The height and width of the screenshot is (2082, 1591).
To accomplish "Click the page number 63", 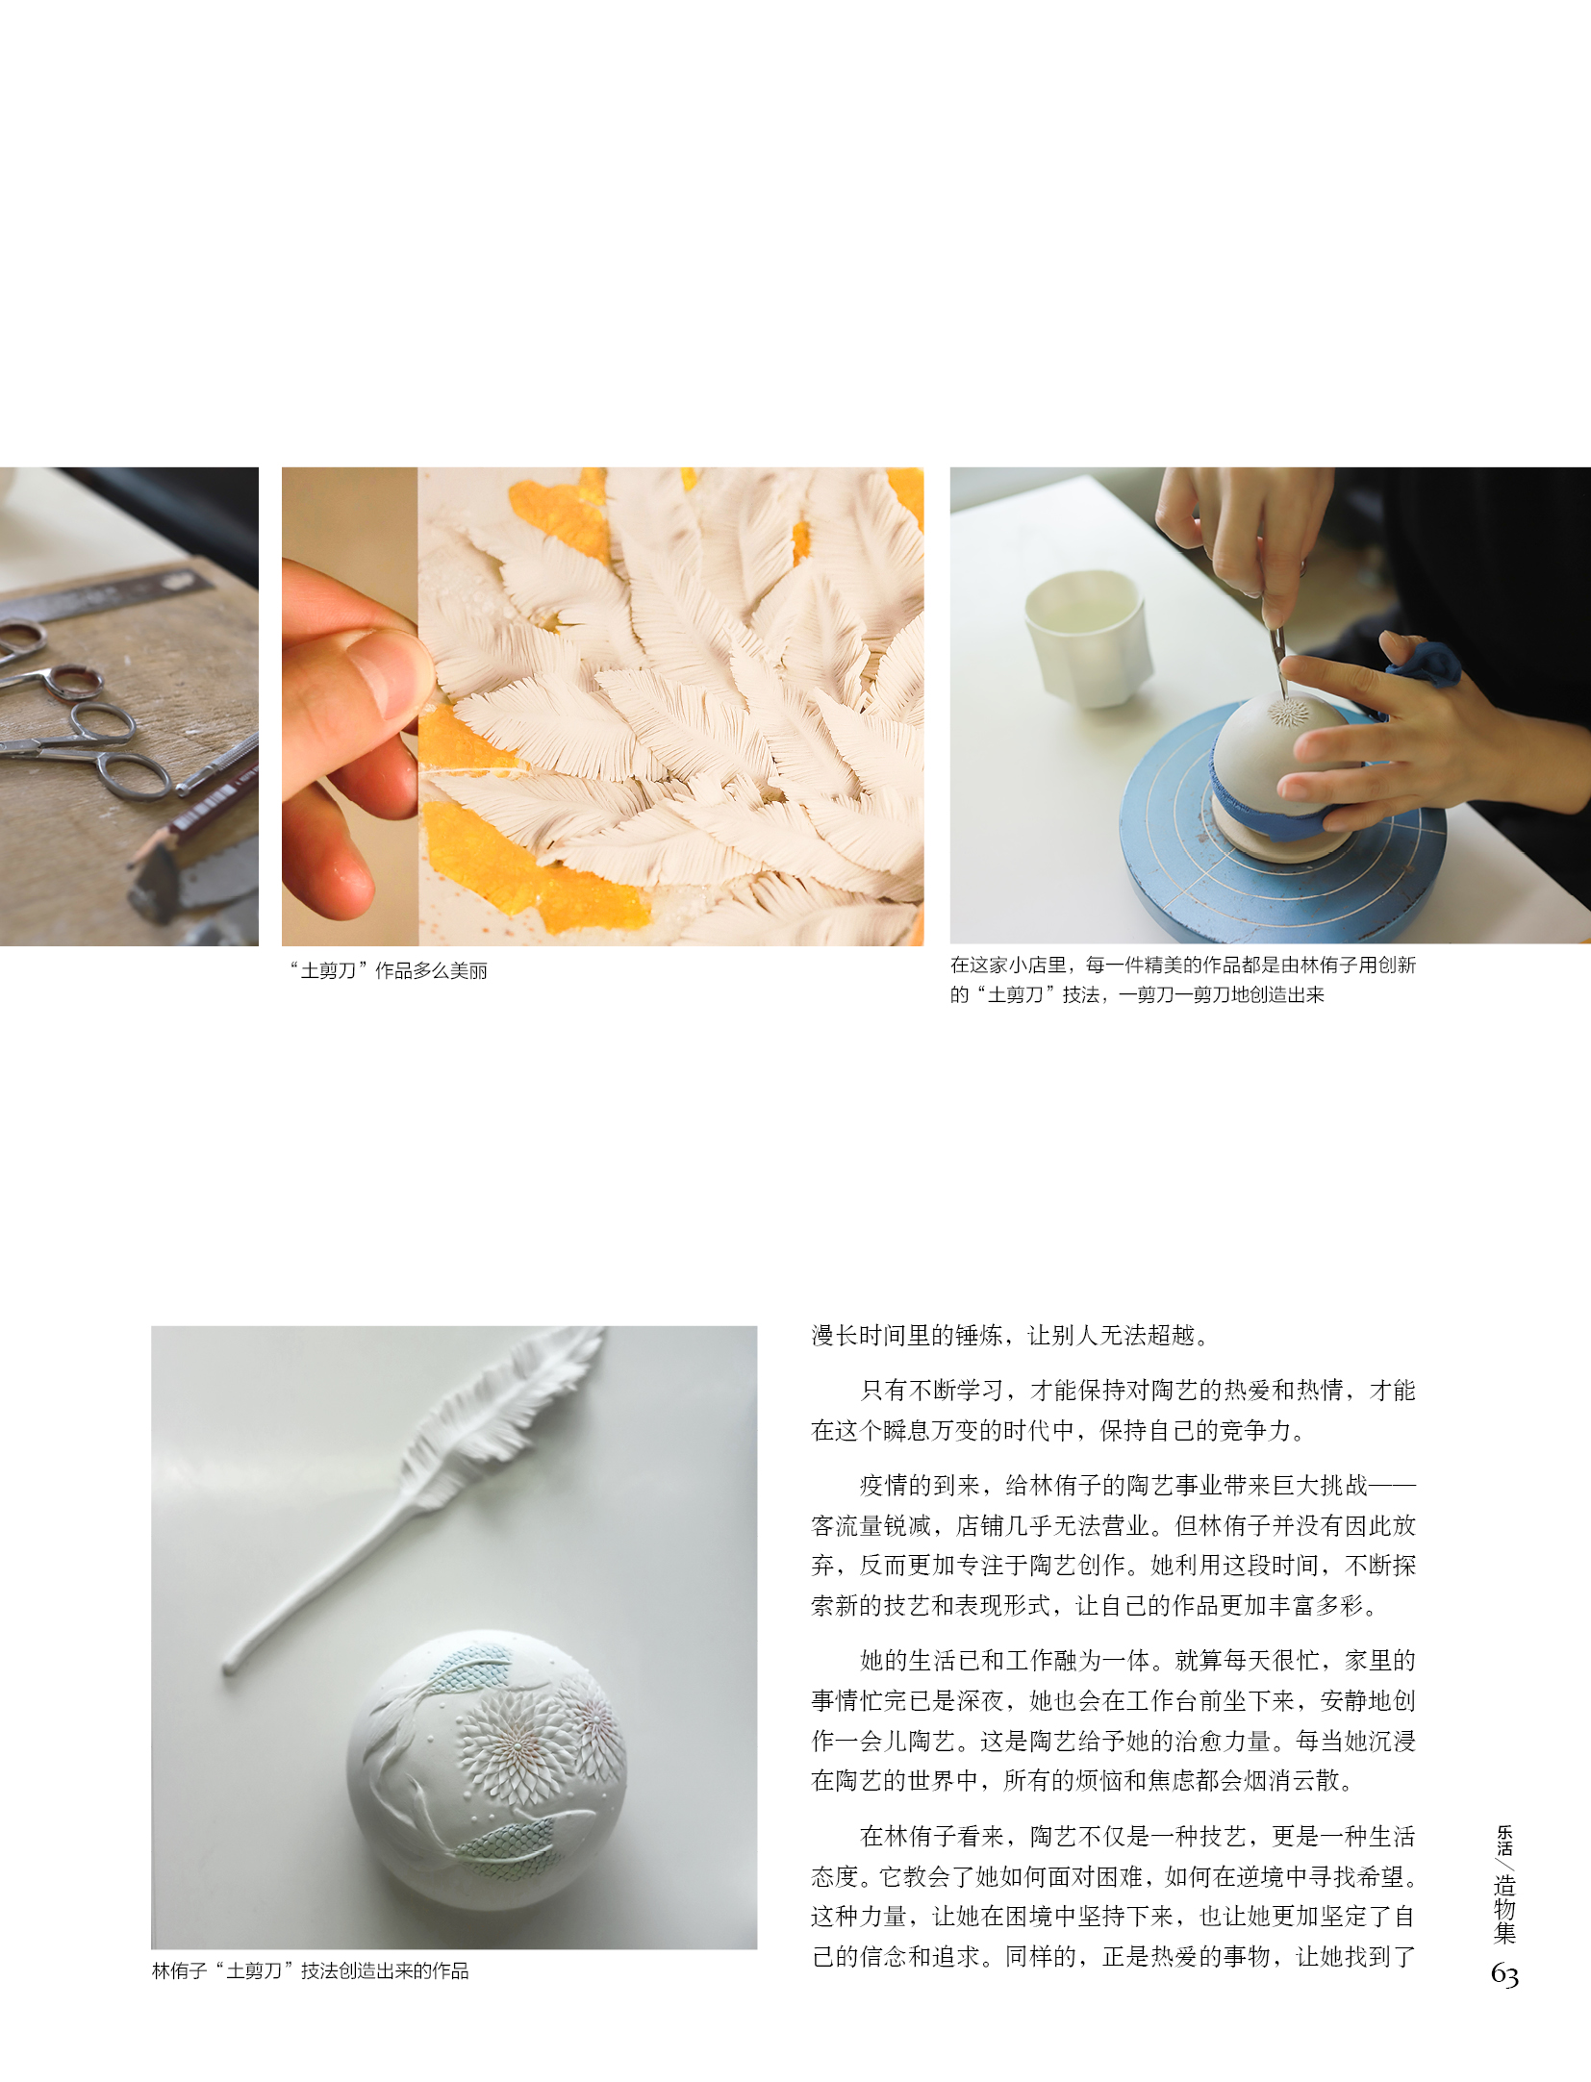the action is click(x=1504, y=1975).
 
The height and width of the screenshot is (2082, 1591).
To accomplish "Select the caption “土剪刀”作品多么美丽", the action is click(x=389, y=971).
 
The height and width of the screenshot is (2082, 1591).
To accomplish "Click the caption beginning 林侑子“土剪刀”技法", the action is click(x=311, y=1971).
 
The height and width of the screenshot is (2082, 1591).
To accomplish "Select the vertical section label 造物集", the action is click(x=1504, y=1910).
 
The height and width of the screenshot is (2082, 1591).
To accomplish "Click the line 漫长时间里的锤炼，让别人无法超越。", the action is click(x=1010, y=1335).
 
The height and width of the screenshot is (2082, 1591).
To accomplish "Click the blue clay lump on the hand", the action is click(x=1426, y=664).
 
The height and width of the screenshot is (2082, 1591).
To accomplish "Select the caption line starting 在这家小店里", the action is click(x=1183, y=965).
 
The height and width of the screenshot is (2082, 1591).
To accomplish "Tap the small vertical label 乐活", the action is click(x=1504, y=1840).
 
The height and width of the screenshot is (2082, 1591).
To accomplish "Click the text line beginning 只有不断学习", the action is click(x=1138, y=1390).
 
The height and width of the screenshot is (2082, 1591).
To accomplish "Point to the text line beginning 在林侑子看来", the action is click(x=1138, y=1836).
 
